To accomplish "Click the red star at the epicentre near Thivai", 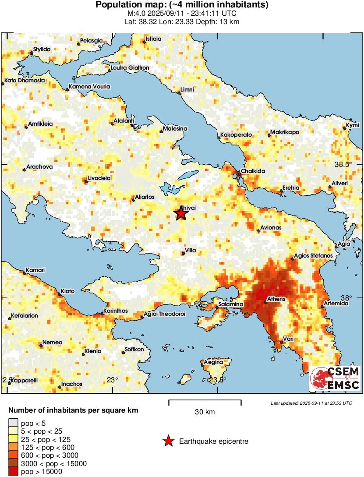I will click(x=181, y=213).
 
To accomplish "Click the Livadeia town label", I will click(x=99, y=178).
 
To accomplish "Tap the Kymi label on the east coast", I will click(x=353, y=125).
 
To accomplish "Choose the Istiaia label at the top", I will click(x=153, y=39).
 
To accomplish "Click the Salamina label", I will click(x=231, y=304).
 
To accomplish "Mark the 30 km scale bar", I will click(x=205, y=401).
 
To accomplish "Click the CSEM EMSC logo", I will click(x=335, y=379).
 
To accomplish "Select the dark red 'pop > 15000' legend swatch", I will click(x=13, y=471).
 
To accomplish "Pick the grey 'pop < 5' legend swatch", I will click(x=13, y=424).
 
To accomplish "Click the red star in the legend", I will click(x=168, y=442).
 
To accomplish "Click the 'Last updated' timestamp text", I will click(x=311, y=403).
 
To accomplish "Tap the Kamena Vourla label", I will click(x=88, y=87).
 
